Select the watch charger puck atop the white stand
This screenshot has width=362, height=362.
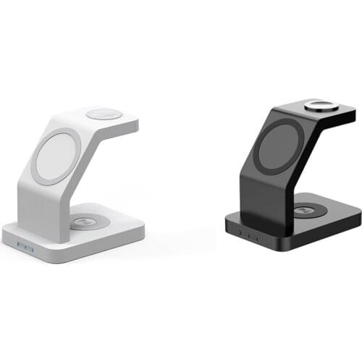pos(104,114)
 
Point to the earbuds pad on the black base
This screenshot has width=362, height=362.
pos(310,211)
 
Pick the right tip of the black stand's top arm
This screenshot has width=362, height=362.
pos(354,114)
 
